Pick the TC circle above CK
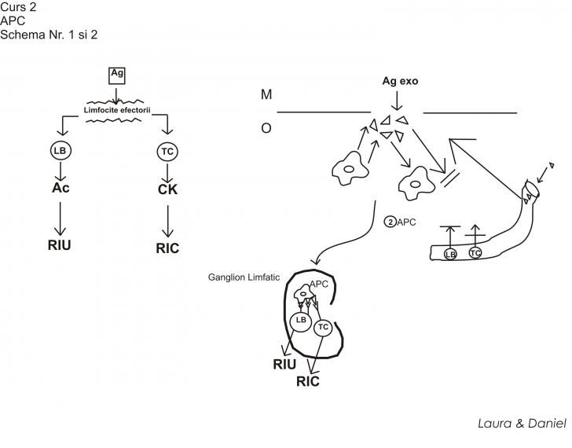167,150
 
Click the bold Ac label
60,189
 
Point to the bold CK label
167,191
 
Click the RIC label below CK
167,248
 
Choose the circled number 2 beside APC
389,222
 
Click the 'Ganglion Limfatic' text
244,277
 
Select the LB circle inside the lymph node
299,321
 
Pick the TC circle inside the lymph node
323,327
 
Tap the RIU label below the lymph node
285,364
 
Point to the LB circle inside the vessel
450,254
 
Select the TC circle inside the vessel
475,252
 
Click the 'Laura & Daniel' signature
522,423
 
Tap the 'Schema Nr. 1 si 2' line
49,34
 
